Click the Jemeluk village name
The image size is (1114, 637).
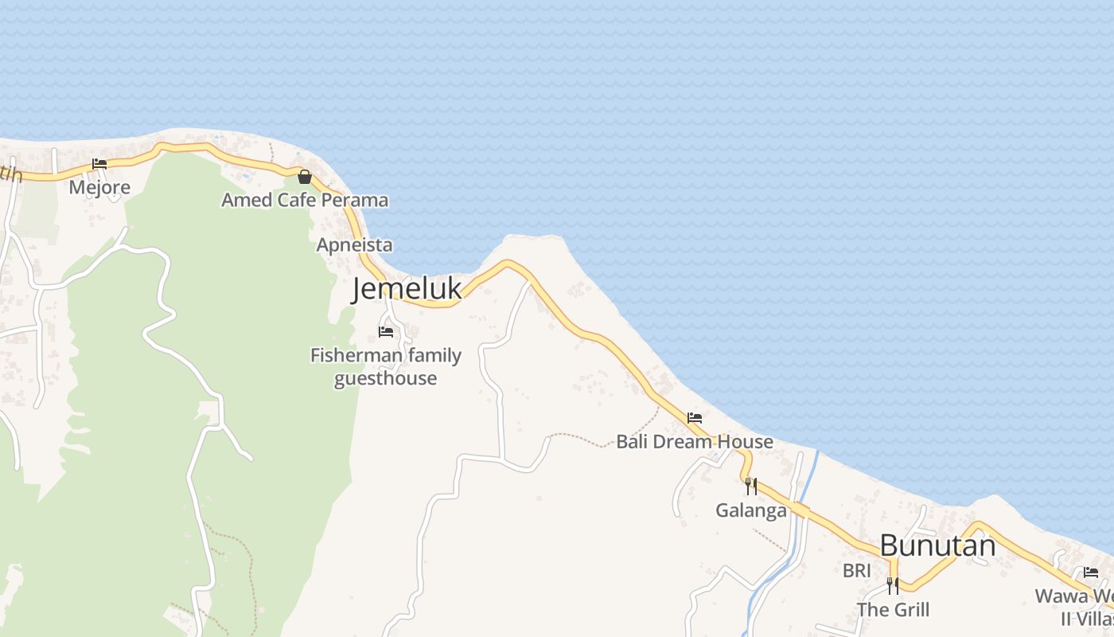[x=407, y=288]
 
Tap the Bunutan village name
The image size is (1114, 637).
[x=937, y=546]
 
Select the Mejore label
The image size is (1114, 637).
[x=99, y=187]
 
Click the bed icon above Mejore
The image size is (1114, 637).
[x=99, y=164]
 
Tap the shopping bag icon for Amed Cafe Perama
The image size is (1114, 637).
[x=304, y=177]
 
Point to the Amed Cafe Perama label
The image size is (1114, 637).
[x=305, y=200]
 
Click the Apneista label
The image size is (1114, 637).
[x=354, y=244]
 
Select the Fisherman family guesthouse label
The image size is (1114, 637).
[x=386, y=366]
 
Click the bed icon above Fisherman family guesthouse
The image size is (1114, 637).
[x=386, y=331]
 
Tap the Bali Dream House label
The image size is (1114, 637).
[x=695, y=442]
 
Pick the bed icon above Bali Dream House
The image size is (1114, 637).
[x=695, y=417]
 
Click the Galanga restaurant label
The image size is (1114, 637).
[x=751, y=510]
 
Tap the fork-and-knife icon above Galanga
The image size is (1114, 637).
[x=751, y=486]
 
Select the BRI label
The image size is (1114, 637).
[x=857, y=570]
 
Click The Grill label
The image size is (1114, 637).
[x=893, y=610]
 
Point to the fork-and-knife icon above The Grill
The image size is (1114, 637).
[x=893, y=586]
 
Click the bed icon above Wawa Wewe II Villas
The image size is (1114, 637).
[x=1091, y=572]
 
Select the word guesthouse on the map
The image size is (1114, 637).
[x=386, y=378]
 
